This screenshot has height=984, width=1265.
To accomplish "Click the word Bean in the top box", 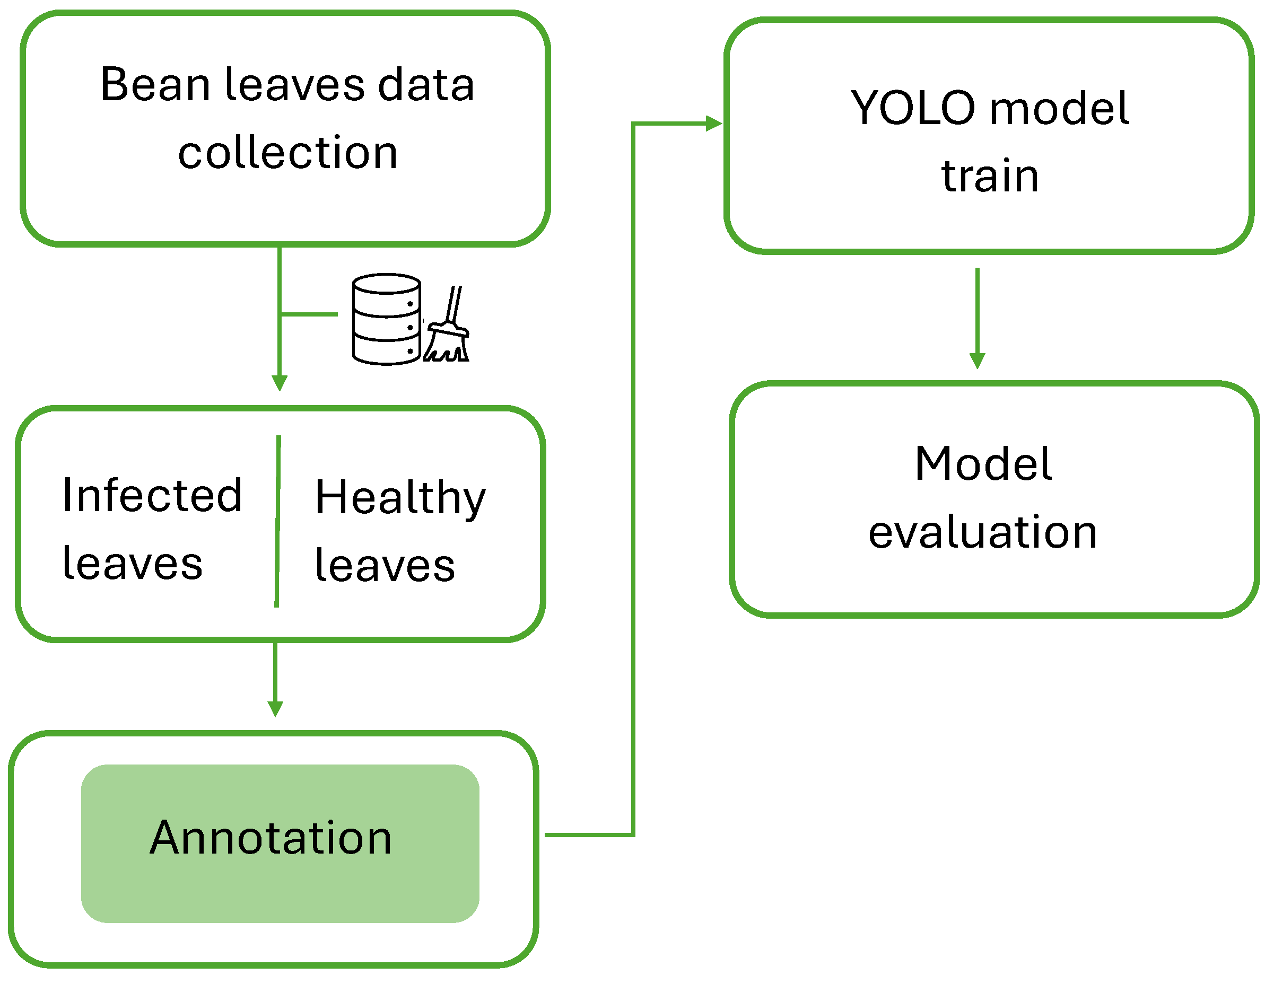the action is point(155,84).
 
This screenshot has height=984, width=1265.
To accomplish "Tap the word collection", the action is point(288,152).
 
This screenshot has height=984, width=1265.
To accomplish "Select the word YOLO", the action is point(913,108).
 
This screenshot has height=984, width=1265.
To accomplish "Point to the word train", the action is point(990,175).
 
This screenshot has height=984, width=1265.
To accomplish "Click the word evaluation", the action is point(982,531).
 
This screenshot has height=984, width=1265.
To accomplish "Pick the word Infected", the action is point(152,496).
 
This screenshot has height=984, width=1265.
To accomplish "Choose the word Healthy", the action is point(400,498).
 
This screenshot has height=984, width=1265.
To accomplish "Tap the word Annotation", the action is point(271,838).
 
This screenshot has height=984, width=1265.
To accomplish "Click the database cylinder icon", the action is point(386,319).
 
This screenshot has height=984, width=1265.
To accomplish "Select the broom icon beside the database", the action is point(447,324).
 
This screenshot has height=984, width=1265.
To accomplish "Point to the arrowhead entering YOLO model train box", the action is point(713,124).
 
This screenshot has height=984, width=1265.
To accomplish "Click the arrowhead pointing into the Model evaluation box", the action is point(977,361).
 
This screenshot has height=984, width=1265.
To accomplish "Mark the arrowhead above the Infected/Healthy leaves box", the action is point(279,383).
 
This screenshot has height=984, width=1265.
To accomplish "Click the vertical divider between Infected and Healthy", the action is point(277,522).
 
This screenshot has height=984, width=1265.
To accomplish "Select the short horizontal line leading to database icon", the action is point(309,314).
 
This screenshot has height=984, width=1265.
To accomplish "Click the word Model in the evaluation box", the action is point(983,464).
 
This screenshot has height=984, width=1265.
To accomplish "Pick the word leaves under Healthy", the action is point(385,565).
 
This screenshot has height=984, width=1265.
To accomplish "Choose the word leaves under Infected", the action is point(133,563).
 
